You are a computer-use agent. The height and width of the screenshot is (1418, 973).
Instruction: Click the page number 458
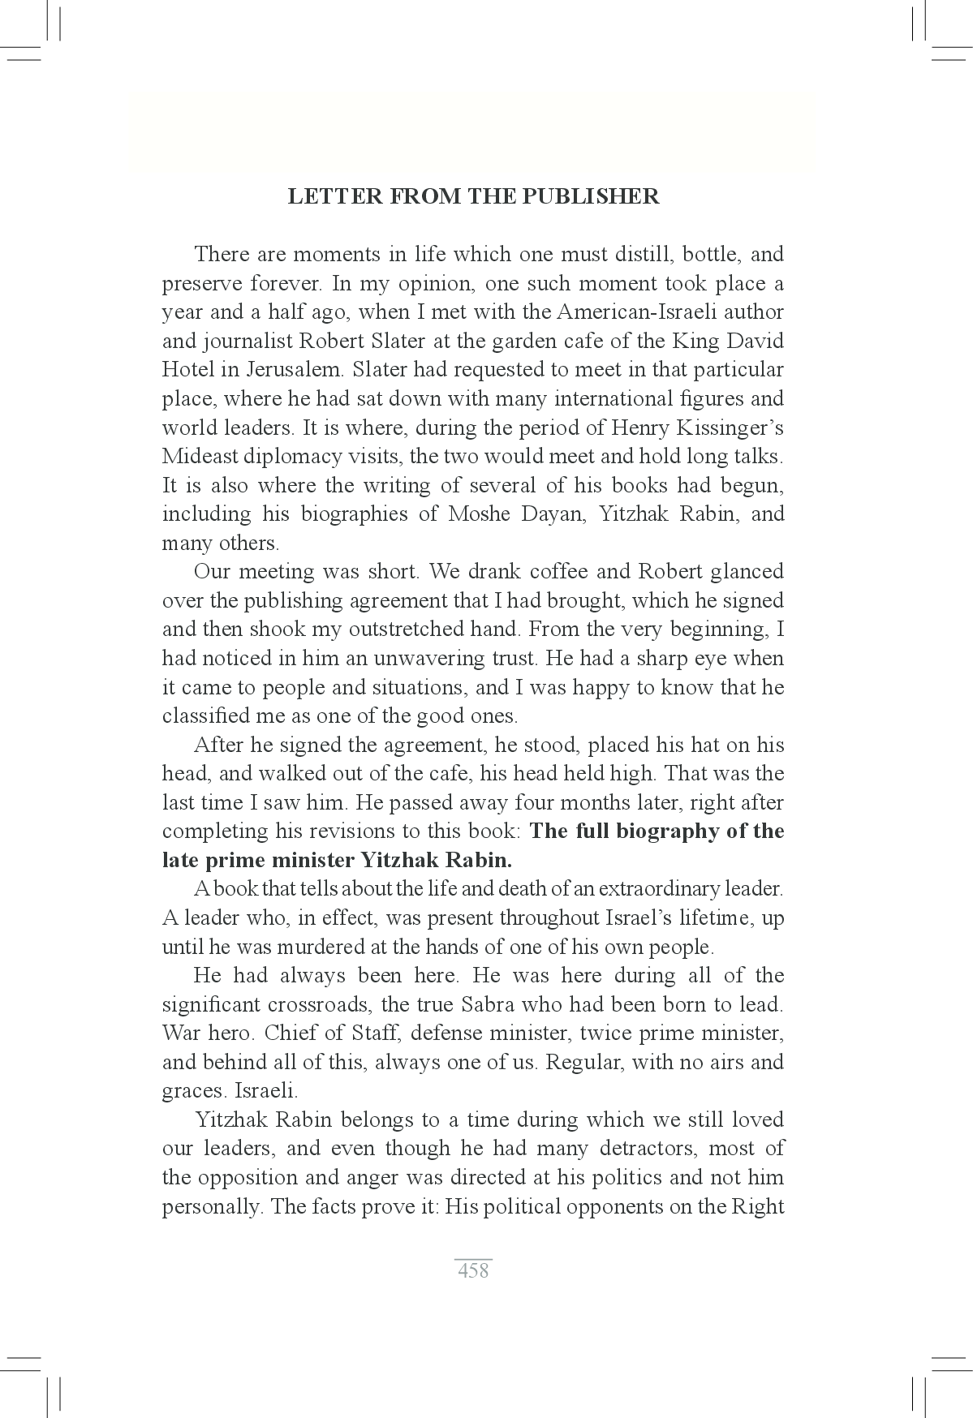coord(473,1270)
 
